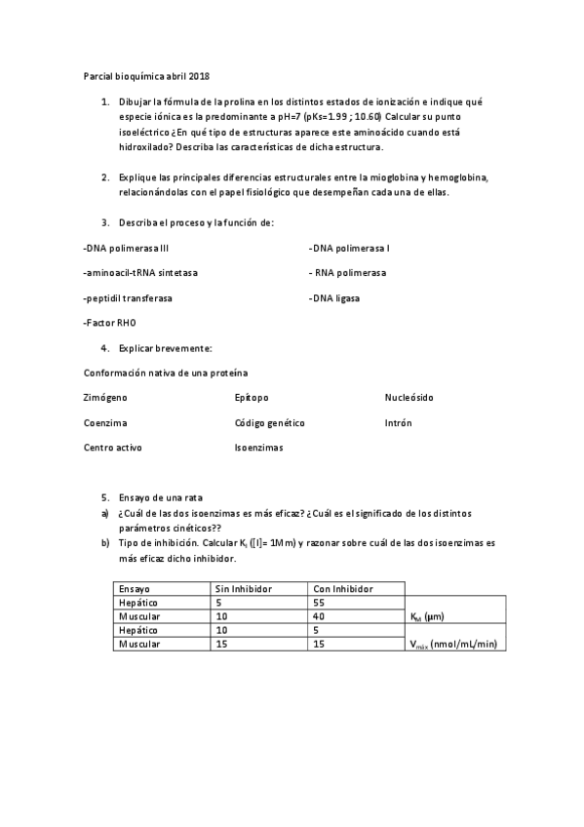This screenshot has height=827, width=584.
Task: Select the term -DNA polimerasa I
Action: [349, 248]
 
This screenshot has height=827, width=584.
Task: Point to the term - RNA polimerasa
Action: [347, 273]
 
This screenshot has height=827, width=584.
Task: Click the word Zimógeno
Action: [105, 398]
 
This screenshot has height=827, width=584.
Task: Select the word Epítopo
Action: [252, 398]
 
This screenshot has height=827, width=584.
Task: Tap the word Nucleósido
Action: [409, 398]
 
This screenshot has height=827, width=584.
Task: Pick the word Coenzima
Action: [105, 423]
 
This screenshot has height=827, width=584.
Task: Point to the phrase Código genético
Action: [270, 423]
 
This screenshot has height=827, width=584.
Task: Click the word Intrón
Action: [399, 423]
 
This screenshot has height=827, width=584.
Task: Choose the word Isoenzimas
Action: [258, 448]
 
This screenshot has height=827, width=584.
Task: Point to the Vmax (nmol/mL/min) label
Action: [455, 645]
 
